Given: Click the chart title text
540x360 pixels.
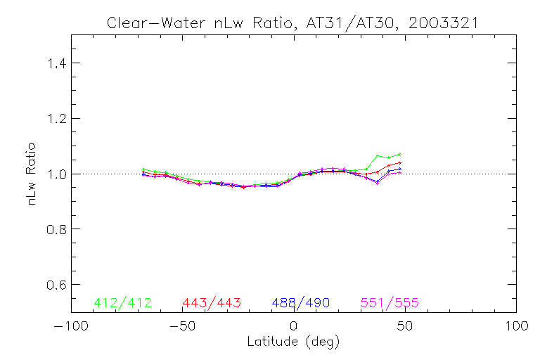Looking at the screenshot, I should (x=292, y=22).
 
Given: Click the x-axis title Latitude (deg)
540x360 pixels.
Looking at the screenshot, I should (x=293, y=342).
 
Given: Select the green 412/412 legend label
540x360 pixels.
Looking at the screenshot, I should (x=122, y=303).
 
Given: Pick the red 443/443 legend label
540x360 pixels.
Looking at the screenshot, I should (x=212, y=303).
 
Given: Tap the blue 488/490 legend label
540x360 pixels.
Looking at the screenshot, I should (x=301, y=303).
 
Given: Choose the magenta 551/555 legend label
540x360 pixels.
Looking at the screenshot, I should (x=390, y=303).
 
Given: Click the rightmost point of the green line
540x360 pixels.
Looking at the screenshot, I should (x=399, y=154).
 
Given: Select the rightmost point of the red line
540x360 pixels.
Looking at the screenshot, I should (x=399, y=162).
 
